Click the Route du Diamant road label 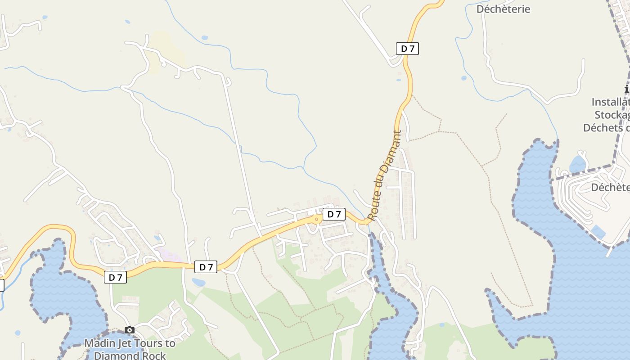tap(384, 175)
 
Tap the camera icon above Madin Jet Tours tap(130, 330)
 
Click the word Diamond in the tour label tap(117, 355)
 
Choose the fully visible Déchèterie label tap(503, 9)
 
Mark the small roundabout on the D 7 tap(317, 219)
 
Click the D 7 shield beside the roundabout tap(334, 214)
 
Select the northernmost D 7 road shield tap(407, 49)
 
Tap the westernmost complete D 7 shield tap(115, 277)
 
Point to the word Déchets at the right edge tap(603, 128)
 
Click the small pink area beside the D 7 tap(169, 256)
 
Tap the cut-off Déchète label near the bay tap(610, 187)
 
